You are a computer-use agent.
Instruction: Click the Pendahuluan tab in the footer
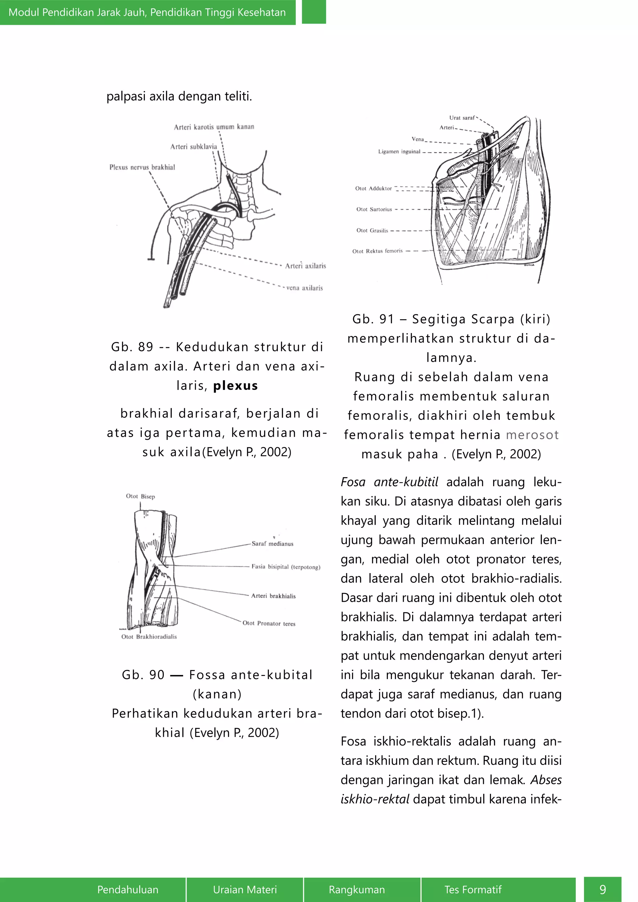coord(128,890)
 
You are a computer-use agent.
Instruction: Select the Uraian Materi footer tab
coord(245,890)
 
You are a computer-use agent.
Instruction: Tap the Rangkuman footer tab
coord(357,890)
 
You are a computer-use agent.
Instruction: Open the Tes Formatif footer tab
coord(473,890)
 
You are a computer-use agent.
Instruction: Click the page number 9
coord(603,890)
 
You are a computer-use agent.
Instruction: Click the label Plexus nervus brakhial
coord(142,167)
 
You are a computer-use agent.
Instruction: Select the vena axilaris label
coord(304,288)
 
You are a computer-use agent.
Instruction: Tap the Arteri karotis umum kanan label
coord(214,127)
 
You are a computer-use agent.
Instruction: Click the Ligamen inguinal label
coord(399,152)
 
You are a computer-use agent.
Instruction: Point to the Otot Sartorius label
coord(374,209)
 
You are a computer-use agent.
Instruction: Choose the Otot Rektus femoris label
coord(377,251)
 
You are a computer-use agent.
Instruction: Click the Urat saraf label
coord(462,118)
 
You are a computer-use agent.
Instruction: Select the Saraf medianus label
coord(273,544)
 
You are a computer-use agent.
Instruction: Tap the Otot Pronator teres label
coord(269,624)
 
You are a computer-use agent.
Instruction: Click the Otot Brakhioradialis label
coord(149,637)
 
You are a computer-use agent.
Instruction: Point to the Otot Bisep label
coord(140,496)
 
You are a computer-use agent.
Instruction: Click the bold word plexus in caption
coord(235,386)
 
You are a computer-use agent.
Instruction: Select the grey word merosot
coord(532,435)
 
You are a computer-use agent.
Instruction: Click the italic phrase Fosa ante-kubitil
coord(389,482)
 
